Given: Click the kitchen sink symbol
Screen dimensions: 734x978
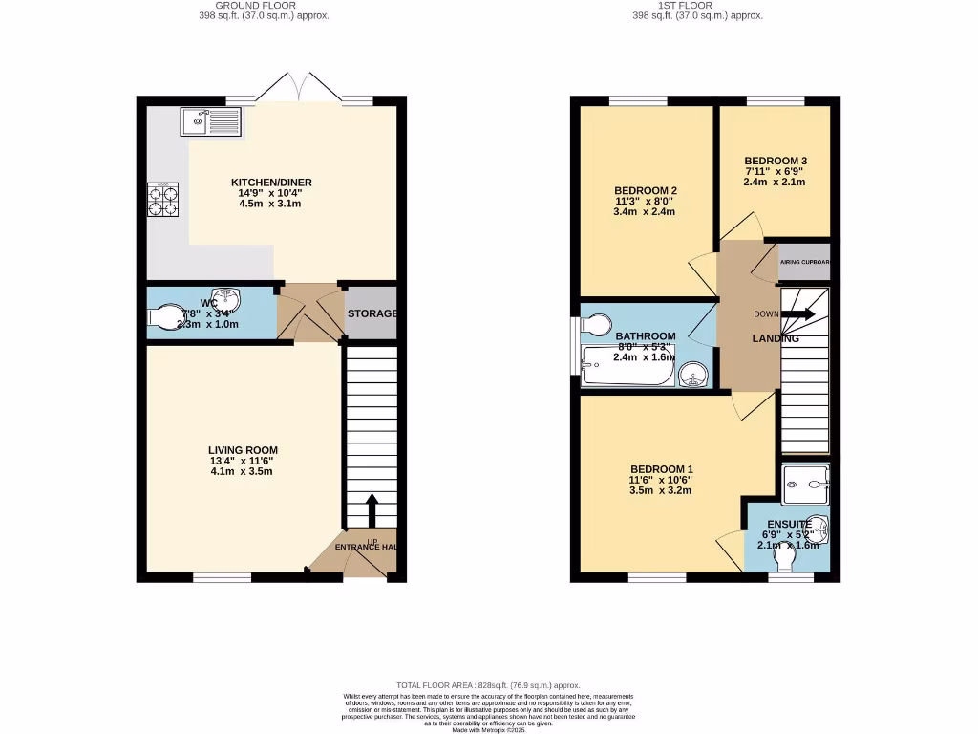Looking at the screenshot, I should point(211,121).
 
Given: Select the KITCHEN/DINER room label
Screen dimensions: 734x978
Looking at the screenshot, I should point(271,183).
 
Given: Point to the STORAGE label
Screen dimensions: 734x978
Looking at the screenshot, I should point(372,313).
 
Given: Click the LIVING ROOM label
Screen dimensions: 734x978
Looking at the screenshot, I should point(243,450).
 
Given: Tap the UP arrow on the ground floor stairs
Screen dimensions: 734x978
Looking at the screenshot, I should point(372,508).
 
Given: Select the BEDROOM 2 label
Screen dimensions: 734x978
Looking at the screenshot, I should point(645,190).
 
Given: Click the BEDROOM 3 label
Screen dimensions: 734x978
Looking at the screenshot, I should point(776,161).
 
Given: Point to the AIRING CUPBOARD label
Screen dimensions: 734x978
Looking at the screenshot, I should point(804,262).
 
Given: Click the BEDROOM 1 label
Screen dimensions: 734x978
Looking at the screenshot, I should point(659,468).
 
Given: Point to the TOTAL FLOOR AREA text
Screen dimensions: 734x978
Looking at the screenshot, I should point(488,685).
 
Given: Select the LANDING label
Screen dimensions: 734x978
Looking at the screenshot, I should point(775,338).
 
